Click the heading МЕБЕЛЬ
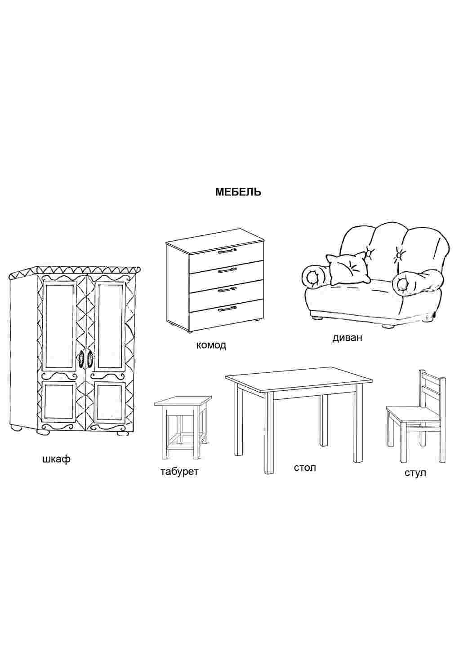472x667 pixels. point(238,192)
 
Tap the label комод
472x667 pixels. point(211,345)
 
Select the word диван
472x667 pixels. point(347,338)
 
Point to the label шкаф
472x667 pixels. point(56,459)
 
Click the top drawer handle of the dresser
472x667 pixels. point(227,252)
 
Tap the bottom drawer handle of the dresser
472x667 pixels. point(227,309)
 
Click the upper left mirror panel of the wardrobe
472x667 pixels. point(60,326)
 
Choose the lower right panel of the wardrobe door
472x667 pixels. point(110,402)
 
